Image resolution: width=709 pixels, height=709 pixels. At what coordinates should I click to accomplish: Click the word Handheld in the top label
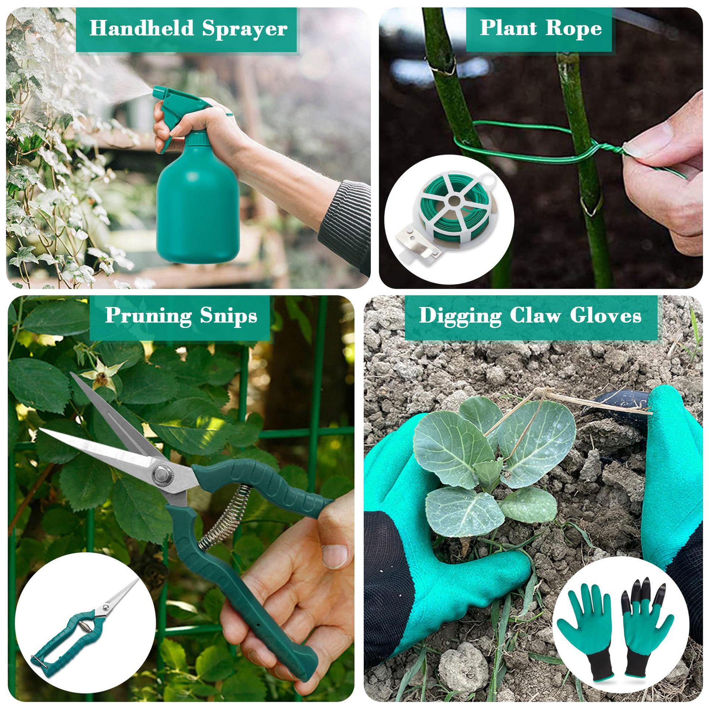pyautogui.click(x=141, y=28)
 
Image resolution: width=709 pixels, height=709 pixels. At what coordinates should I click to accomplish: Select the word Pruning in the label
pyautogui.click(x=148, y=316)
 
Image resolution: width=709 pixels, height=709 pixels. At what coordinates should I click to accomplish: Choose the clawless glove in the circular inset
pyautogui.click(x=591, y=624)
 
